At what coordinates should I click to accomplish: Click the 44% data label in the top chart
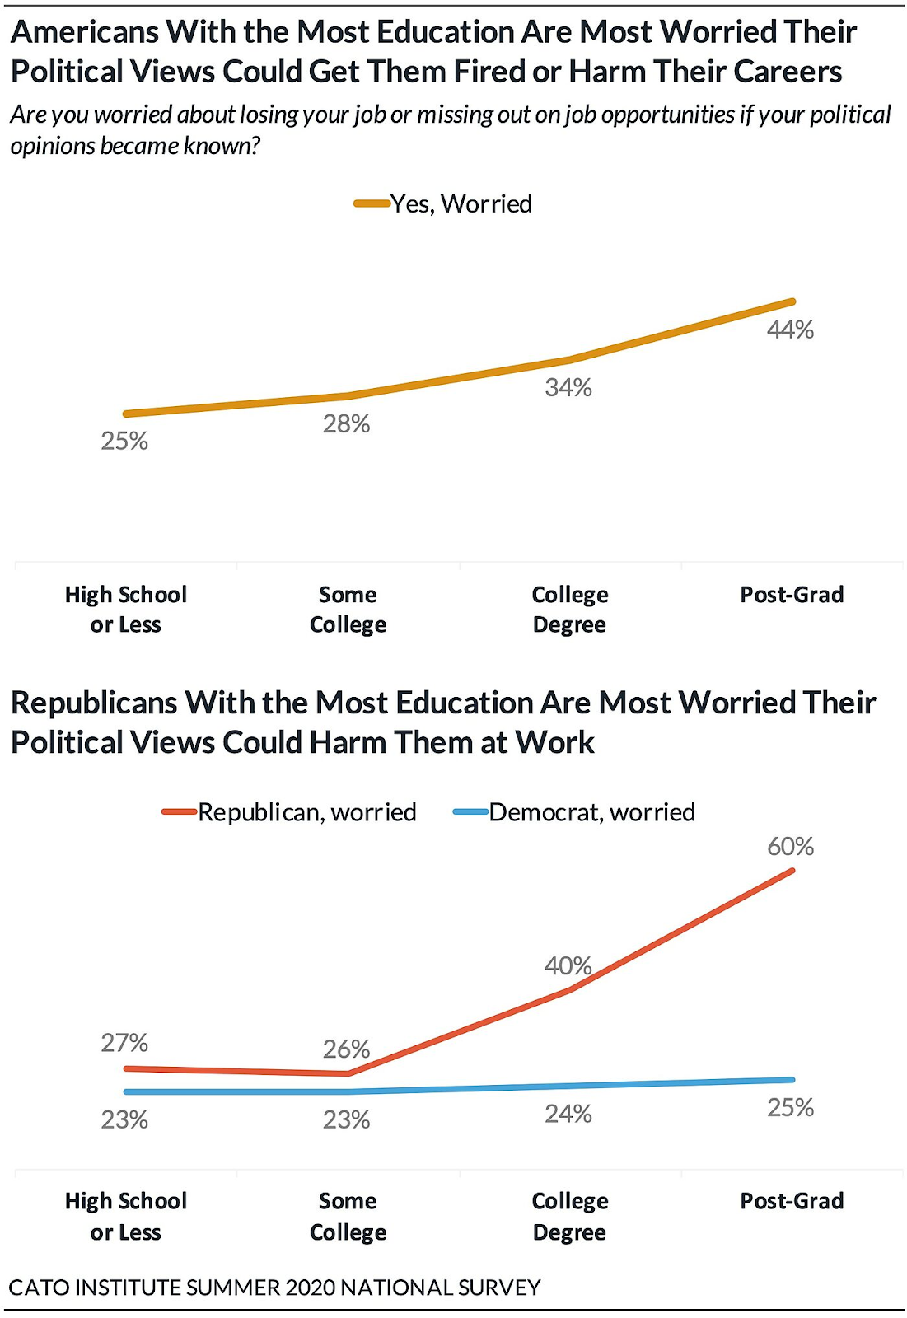click(790, 329)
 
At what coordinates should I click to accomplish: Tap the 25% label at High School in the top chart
click(124, 441)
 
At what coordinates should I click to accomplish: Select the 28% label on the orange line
click(346, 423)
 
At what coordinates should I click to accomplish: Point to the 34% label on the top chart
click(568, 387)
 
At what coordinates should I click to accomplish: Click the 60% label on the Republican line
click(790, 846)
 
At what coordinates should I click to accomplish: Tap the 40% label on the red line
click(568, 965)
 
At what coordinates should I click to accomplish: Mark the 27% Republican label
click(124, 1043)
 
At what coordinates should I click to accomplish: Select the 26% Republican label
click(346, 1049)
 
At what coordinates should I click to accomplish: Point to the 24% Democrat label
click(568, 1114)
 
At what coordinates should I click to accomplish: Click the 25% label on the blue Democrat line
click(790, 1107)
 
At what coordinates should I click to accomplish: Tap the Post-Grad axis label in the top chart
click(792, 595)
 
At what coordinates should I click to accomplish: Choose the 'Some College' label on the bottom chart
click(348, 1217)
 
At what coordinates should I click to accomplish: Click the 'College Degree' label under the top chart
click(569, 610)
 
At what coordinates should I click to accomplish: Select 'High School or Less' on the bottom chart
click(126, 1217)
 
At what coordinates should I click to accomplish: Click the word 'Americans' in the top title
click(85, 32)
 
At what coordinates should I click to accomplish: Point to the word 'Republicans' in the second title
click(94, 703)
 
